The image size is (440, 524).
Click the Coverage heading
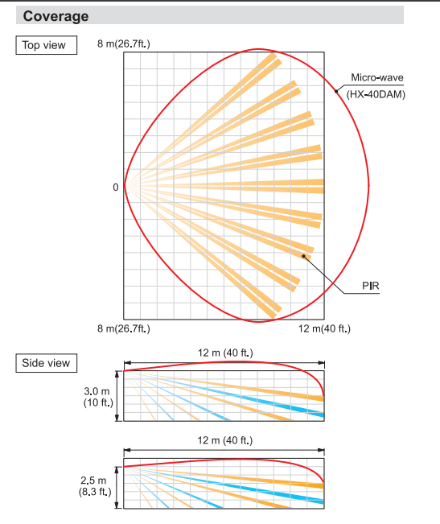56,16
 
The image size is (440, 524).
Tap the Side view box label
46,363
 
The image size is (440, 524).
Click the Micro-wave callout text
377,77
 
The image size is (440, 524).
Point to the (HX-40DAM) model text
376,94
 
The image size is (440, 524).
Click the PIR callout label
371,286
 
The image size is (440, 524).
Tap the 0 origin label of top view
116,187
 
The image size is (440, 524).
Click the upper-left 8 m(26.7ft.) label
124,43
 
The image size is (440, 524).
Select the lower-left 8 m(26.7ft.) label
124,328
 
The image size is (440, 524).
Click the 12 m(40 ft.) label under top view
324,328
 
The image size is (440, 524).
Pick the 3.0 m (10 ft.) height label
98,397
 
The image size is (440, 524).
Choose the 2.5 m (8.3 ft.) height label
95,486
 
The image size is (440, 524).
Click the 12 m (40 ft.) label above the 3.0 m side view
225,353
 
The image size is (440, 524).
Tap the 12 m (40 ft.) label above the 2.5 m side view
225,440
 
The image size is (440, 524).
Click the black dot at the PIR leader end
304,256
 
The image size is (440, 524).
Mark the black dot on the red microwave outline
336,91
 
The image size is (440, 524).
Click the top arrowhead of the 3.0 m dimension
117,374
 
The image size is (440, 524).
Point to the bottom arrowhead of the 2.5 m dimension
117,505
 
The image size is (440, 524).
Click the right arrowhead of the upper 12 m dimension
321,363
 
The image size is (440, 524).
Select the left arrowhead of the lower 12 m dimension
128,451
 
